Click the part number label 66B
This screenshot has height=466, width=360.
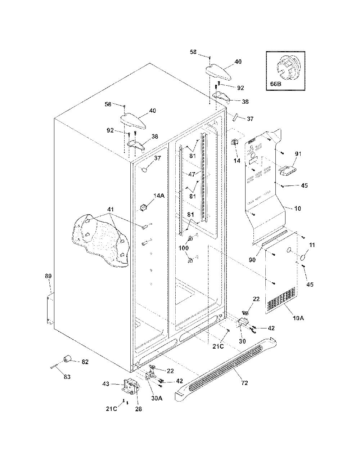tap(275, 84)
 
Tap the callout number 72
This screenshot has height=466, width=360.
tap(244, 382)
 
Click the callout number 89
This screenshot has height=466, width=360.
tap(48, 276)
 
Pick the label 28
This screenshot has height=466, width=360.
tap(139, 409)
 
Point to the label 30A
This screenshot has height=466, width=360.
tap(157, 398)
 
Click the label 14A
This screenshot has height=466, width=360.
tap(159, 196)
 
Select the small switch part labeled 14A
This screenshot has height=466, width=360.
tap(143, 207)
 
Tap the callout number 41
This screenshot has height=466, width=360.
tap(111, 209)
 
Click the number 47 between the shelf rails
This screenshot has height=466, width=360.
tap(192, 174)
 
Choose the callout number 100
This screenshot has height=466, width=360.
tap(184, 248)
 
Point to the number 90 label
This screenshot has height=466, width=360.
tap(252, 260)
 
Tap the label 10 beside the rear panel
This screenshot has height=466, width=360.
tap(297, 208)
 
